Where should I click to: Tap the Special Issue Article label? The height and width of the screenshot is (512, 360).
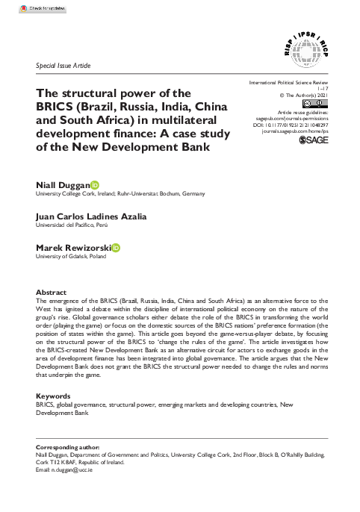pos(63,66)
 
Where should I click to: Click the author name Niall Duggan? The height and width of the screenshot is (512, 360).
pos(63,183)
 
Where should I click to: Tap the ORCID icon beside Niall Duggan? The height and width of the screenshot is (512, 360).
pos(95,183)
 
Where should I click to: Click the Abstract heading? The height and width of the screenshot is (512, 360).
pos(51,293)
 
